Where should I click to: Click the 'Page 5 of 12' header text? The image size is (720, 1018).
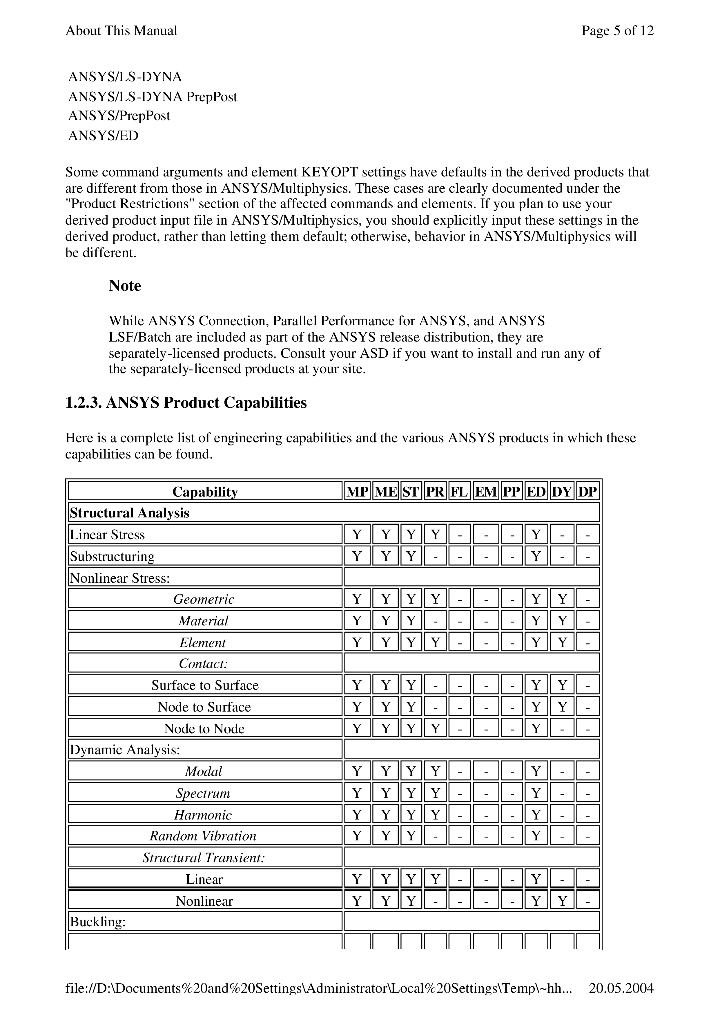pyautogui.click(x=617, y=30)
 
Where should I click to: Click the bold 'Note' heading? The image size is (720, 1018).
pyautogui.click(x=125, y=285)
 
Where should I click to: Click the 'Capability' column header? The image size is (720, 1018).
pyautogui.click(x=205, y=492)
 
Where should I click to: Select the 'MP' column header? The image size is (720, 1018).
pyautogui.click(x=357, y=492)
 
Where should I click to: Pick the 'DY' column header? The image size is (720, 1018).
pyautogui.click(x=562, y=492)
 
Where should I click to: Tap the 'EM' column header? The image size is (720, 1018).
pyautogui.click(x=486, y=492)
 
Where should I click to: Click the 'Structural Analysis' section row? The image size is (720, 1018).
pyautogui.click(x=129, y=513)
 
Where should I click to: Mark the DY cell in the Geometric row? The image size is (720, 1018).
pyautogui.click(x=562, y=599)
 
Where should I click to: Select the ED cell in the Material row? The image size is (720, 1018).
pyautogui.click(x=536, y=620)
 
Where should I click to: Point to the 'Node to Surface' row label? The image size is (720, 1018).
pyautogui.click(x=204, y=707)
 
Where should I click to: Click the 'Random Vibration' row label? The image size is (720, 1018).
pyautogui.click(x=203, y=836)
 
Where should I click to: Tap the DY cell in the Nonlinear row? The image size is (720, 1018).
pyautogui.click(x=562, y=901)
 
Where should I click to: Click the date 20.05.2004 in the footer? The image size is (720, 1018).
pyautogui.click(x=621, y=988)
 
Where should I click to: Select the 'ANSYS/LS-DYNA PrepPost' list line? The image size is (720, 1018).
pyautogui.click(x=153, y=97)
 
